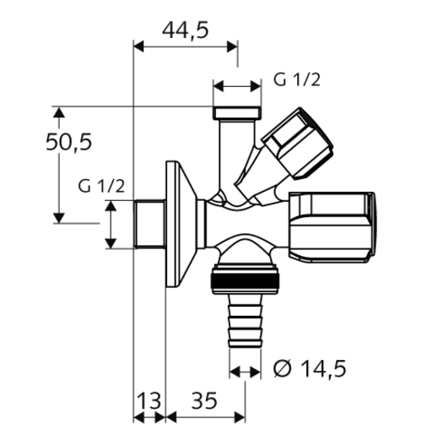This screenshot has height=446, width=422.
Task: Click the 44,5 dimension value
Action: (x=186, y=30)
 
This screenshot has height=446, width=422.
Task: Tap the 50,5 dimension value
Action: (x=68, y=142)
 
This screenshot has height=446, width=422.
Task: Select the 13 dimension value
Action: (x=149, y=400)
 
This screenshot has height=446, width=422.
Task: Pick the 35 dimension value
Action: (x=204, y=400)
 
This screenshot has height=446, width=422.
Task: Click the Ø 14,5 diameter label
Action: (x=310, y=368)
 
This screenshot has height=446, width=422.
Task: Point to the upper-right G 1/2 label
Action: (x=297, y=79)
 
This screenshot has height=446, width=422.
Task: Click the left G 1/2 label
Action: (x=101, y=187)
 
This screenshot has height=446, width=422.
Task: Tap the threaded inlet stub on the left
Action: (x=149, y=224)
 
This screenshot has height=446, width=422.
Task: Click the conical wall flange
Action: (x=181, y=224)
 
